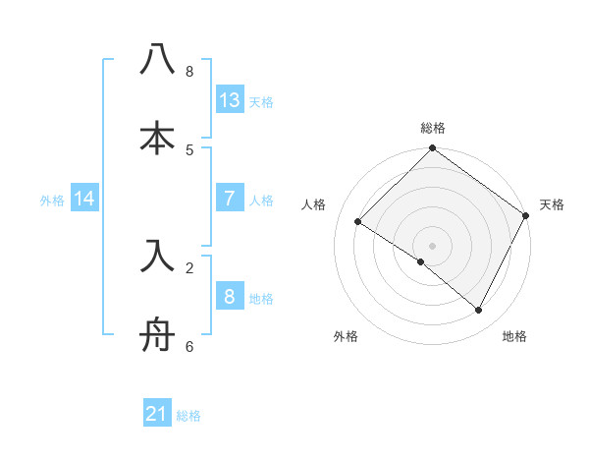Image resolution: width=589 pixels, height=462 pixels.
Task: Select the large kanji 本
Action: click(x=158, y=138)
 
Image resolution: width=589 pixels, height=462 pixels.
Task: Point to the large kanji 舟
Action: click(x=158, y=334)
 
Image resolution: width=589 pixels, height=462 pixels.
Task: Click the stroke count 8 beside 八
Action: click(x=189, y=72)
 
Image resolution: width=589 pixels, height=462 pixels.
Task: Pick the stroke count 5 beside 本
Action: click(x=189, y=149)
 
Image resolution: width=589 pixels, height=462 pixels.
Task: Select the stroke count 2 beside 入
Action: click(x=189, y=266)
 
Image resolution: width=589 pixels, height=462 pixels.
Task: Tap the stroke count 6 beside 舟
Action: click(x=189, y=346)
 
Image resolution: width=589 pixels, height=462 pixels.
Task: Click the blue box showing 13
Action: click(x=230, y=99)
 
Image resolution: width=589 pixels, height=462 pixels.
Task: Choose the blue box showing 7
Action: click(x=230, y=198)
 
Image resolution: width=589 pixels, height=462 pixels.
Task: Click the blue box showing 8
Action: click(x=230, y=296)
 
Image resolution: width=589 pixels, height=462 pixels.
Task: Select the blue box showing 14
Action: click(x=84, y=198)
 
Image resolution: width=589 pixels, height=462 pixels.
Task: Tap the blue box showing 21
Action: click(x=157, y=415)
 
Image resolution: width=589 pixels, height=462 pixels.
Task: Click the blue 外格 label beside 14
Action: click(x=52, y=200)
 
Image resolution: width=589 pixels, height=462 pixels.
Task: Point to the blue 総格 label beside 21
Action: click(x=188, y=416)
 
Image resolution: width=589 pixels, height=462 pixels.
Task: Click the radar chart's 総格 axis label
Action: click(x=433, y=128)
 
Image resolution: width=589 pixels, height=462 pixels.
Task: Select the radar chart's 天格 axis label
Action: click(x=552, y=204)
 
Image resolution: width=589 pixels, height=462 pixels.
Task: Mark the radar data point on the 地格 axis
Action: click(x=479, y=311)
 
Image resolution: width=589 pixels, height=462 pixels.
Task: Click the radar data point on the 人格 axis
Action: click(x=358, y=222)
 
